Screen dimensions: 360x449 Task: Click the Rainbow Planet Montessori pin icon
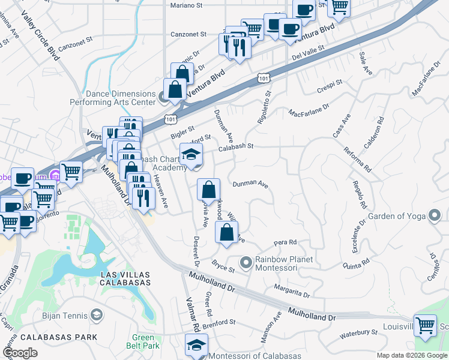[x=246, y=263]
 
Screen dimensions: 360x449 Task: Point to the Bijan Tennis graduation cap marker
[x=97, y=315]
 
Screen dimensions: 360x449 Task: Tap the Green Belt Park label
[x=143, y=341]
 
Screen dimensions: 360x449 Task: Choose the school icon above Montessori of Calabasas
[x=195, y=345]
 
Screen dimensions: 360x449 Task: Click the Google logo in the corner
[x=20, y=353]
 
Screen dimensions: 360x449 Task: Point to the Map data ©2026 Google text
[x=412, y=355]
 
